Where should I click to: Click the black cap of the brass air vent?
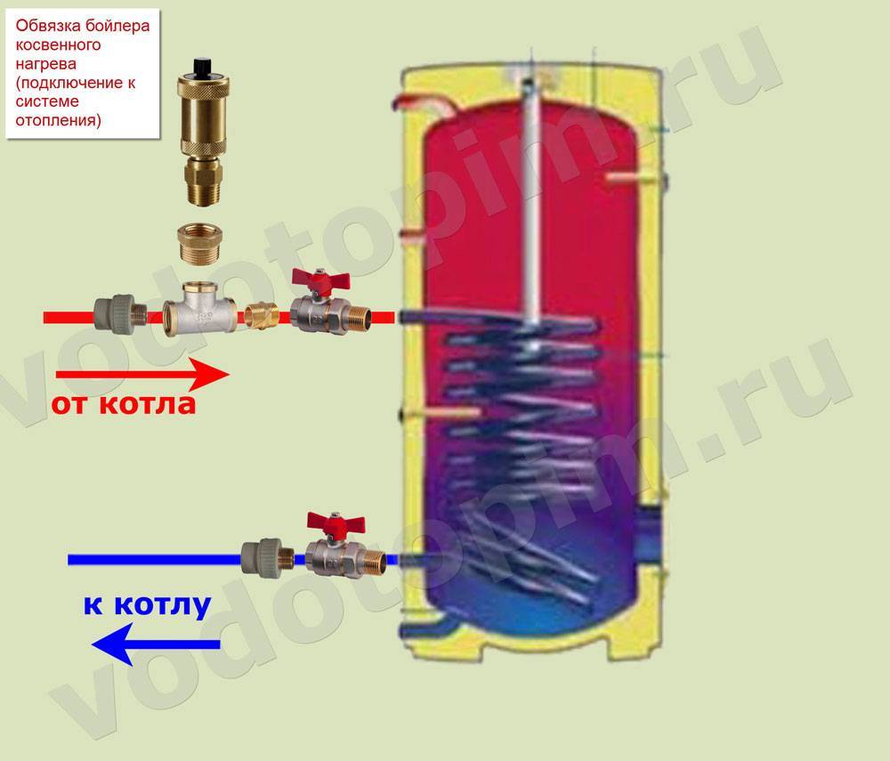point(203,67)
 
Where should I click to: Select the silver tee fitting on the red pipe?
point(199,309)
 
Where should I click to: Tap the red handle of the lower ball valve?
point(336,523)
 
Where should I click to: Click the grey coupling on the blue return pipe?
point(267,558)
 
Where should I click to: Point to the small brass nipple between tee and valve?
point(262,316)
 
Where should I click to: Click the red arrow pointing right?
point(142,374)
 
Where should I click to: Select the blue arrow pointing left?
point(156,644)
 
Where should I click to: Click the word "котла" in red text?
point(148,404)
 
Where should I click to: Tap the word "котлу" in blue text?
point(162,605)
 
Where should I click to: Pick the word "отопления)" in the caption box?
point(58,120)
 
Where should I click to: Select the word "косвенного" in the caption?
point(58,45)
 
